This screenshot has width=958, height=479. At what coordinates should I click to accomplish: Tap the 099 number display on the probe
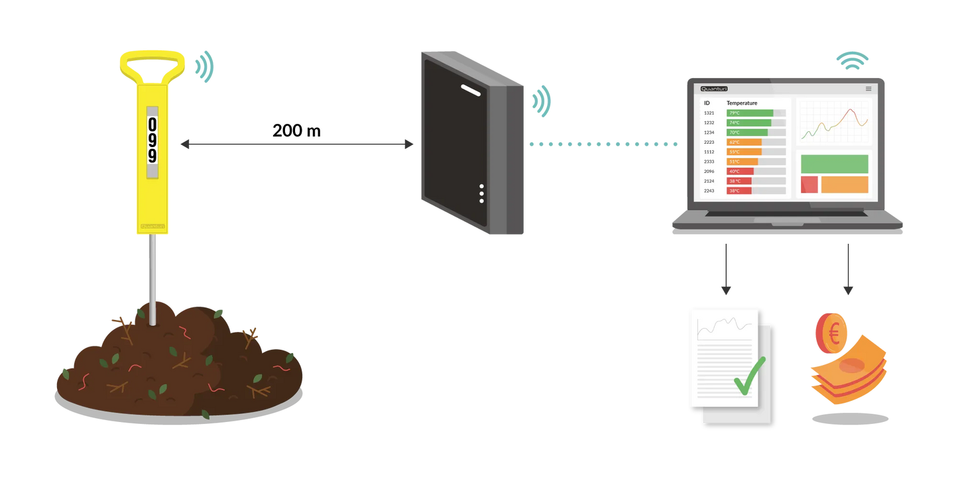[x=152, y=140]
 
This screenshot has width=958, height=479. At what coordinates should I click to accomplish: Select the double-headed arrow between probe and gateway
[x=296, y=144]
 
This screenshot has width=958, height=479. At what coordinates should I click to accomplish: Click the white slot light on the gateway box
[x=471, y=90]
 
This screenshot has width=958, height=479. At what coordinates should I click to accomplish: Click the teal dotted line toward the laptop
[x=603, y=144]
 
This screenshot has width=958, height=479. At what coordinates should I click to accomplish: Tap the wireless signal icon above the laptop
[x=852, y=60]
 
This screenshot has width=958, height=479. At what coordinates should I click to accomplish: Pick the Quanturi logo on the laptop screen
[x=714, y=89]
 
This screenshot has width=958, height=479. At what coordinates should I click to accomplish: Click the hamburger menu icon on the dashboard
[x=868, y=89]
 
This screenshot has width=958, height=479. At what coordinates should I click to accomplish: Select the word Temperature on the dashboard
[x=742, y=103]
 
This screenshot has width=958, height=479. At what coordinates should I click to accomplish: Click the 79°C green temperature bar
[x=750, y=113]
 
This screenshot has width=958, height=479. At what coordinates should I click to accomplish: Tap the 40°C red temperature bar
[x=740, y=172]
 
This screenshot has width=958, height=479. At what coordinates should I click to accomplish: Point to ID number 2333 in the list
[x=709, y=162]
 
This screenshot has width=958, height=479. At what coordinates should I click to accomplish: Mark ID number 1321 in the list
[x=709, y=113]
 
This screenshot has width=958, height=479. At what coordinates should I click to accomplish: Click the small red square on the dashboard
[x=809, y=185]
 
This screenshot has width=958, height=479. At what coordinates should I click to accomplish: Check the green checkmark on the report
[x=749, y=376]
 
